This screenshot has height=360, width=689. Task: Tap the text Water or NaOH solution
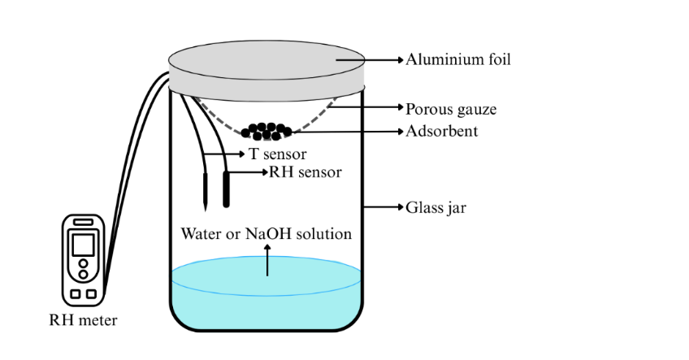pos(266,234)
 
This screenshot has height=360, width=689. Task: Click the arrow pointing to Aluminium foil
pos(382,59)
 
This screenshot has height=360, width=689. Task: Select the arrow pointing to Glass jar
pos(384,207)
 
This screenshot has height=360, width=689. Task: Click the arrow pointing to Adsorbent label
pos(349,132)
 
